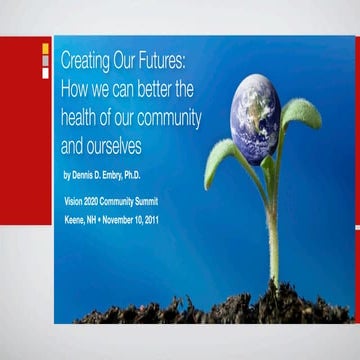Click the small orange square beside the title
coord(45,49)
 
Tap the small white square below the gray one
coord(45,72)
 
